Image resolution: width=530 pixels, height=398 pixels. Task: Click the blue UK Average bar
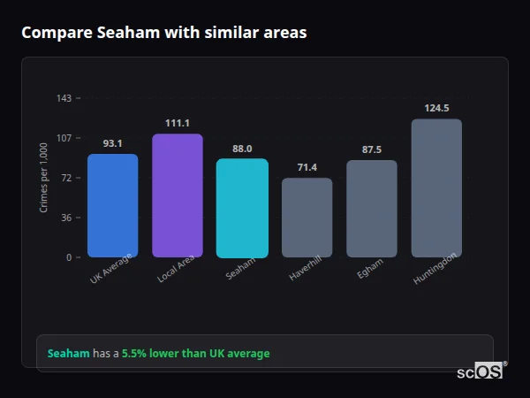point(112,205)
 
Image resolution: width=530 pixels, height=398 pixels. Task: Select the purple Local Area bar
point(178,195)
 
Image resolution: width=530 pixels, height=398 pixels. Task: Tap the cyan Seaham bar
point(242,208)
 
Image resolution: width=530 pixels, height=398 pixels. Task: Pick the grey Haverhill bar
point(307,218)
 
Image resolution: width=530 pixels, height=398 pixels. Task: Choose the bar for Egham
point(372,209)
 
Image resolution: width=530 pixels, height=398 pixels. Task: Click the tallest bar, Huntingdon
point(436,188)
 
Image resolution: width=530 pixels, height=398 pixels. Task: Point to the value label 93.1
point(112,143)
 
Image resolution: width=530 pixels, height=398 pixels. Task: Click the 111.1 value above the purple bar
point(178,123)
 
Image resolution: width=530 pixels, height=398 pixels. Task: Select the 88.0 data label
point(242,149)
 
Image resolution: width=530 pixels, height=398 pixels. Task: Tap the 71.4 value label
point(307,167)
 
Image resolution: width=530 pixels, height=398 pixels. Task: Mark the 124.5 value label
point(436,108)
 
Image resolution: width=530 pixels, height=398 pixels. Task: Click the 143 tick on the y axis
point(64,98)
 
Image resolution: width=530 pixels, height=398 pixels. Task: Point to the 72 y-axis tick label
point(66,178)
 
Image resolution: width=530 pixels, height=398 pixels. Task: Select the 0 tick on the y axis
point(69,257)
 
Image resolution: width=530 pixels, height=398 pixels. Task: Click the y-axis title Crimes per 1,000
point(43,178)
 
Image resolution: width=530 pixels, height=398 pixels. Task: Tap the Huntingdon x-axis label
point(435,269)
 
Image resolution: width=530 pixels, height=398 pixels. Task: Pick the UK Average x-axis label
point(110,269)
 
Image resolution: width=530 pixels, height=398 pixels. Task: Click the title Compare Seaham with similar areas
point(164,33)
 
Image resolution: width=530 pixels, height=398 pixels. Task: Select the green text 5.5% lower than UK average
point(195,354)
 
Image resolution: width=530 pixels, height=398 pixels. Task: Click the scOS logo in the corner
point(481,371)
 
